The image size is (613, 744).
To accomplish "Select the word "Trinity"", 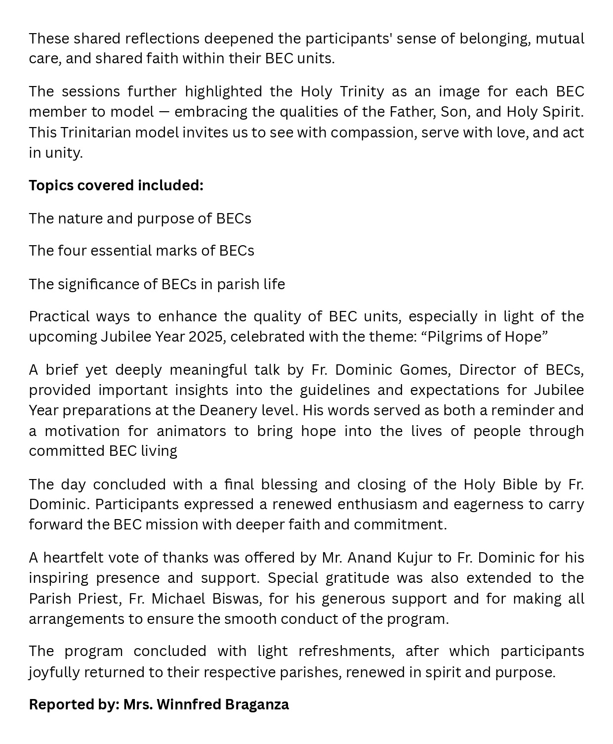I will point(363,91).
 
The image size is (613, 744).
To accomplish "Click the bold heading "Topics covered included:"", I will point(116,185).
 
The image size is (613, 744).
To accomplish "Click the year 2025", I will point(205,337).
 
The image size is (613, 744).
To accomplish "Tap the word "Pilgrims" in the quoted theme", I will point(454,337).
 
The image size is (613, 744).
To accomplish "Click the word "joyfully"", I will point(54,672).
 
